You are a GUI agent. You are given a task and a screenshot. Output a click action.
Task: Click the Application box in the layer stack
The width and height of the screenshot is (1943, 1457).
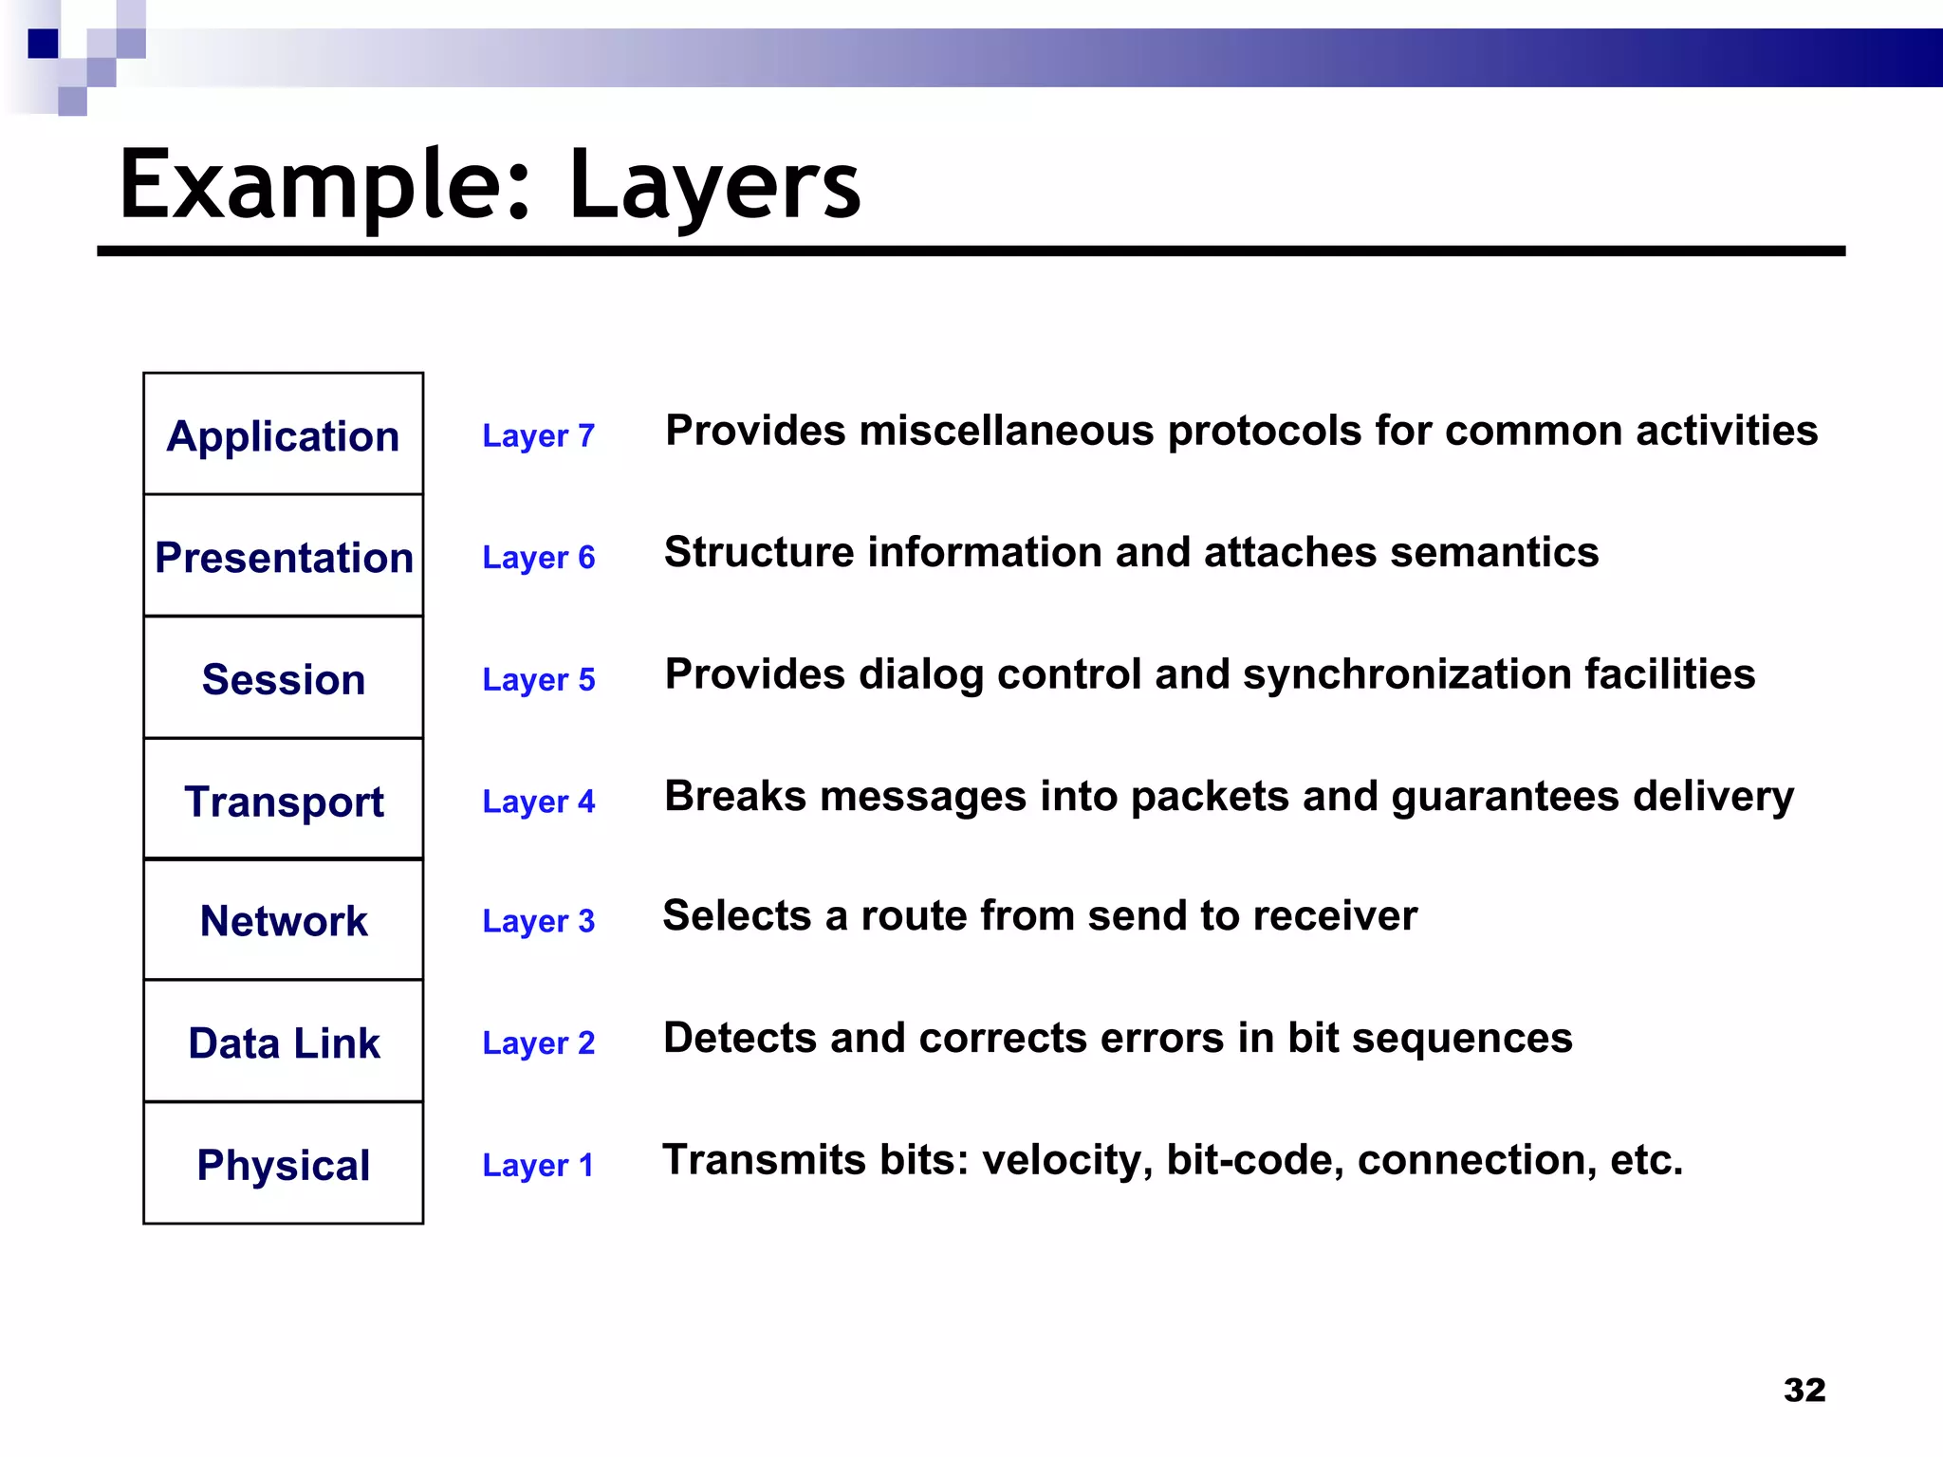283,435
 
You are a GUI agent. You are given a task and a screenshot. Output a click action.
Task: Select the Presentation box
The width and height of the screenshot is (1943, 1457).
283,557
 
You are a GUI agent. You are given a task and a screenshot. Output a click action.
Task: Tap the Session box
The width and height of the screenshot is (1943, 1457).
283,679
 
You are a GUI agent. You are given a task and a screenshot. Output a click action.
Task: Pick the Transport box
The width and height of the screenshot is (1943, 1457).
283,801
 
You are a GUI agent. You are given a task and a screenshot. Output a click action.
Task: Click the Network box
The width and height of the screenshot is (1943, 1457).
283,920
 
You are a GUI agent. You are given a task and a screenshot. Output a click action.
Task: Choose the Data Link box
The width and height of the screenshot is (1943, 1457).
283,1042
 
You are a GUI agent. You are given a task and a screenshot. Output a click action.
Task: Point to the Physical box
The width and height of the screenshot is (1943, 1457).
283,1164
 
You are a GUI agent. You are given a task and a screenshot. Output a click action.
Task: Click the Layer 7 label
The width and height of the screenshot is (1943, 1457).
538,435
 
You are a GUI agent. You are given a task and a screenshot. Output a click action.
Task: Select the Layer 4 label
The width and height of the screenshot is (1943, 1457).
538,802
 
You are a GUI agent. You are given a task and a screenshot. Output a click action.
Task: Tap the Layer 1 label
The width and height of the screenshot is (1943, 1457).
538,1165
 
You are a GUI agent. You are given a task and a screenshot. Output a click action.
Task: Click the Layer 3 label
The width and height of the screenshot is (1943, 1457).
538,921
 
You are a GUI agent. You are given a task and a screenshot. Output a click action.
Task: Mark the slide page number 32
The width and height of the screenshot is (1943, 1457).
1804,1390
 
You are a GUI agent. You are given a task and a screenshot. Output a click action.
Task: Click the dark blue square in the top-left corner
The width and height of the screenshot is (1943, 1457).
43,44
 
